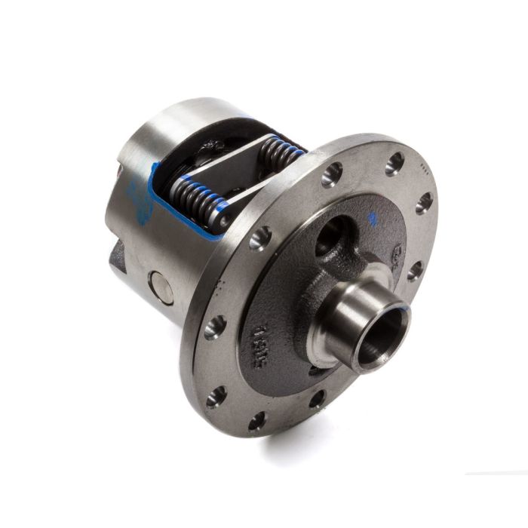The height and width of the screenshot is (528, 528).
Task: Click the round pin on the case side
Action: pyautogui.click(x=161, y=287)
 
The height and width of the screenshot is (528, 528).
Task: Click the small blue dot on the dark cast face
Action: pyautogui.click(x=371, y=219)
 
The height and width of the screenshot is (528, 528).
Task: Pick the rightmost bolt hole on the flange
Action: pyautogui.click(x=425, y=202)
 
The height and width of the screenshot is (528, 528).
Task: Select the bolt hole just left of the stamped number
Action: pyautogui.click(x=215, y=327)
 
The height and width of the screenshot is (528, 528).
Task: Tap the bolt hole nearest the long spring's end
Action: pyautogui.click(x=260, y=238)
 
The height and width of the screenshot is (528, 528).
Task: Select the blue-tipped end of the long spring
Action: pyautogui.click(x=223, y=219)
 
